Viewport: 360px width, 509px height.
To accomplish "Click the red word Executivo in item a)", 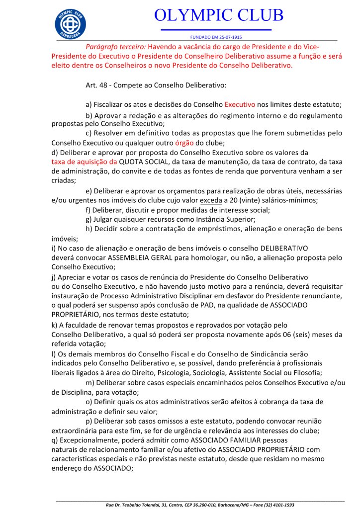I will click(x=240, y=105).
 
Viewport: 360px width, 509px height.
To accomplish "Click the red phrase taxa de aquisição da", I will click(x=84, y=162).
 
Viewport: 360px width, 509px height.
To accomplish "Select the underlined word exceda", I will click(x=210, y=200).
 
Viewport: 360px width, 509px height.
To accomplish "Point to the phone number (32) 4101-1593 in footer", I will click(x=276, y=505).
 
